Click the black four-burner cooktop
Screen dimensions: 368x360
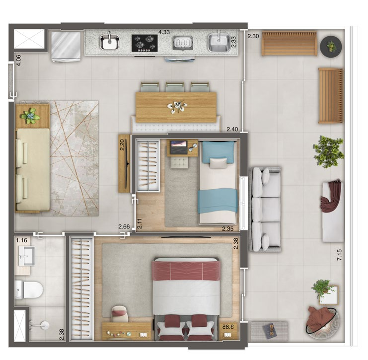[x=145, y=43]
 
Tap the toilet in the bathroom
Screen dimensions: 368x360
[x=29, y=289]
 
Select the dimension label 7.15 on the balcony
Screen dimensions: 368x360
[x=339, y=255]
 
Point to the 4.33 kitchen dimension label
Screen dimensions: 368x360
[x=164, y=32]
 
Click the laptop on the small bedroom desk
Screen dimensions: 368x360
[x=179, y=147]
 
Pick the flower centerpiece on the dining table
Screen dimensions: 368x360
[x=177, y=107]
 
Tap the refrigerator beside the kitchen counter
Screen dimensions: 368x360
[x=66, y=47]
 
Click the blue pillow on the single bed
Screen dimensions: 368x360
[x=219, y=152]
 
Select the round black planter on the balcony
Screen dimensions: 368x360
[x=331, y=46]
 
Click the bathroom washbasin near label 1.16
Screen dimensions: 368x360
[x=26, y=256]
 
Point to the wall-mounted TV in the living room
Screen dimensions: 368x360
[x=127, y=164]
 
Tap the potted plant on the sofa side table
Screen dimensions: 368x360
[x=30, y=116]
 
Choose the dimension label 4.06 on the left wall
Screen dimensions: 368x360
[x=18, y=60]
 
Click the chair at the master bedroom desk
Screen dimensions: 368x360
[x=120, y=314]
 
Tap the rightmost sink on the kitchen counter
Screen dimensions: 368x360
[x=219, y=43]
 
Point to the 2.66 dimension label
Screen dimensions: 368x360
[x=124, y=226]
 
